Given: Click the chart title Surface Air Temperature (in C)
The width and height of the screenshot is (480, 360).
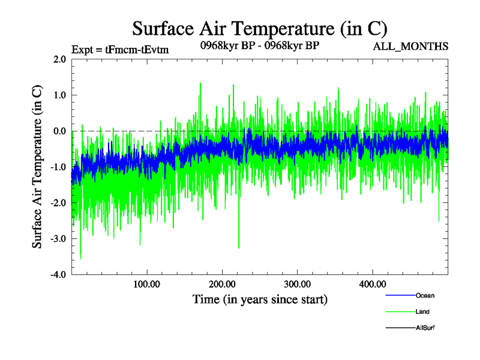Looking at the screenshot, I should click(259, 28).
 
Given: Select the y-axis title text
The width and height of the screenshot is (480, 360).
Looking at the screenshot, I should click(37, 167).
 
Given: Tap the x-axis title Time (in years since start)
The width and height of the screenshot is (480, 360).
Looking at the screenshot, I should click(260, 299).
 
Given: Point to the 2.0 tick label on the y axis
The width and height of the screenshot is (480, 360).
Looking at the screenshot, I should click(59, 59).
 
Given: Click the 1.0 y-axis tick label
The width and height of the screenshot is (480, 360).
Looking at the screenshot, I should click(59, 95).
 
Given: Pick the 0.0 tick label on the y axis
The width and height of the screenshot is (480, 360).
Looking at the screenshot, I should click(59, 131).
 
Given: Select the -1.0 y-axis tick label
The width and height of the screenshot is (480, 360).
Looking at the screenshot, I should click(58, 167).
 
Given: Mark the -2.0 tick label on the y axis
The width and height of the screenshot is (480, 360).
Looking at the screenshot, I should click(58, 203).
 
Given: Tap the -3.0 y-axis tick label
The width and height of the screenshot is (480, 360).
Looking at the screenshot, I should click(58, 239).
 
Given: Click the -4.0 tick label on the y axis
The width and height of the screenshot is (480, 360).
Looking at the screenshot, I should click(58, 275).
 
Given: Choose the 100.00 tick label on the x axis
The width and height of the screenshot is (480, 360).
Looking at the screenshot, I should click(146, 284).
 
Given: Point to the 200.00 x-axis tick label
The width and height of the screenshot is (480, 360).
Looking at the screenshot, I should click(222, 284).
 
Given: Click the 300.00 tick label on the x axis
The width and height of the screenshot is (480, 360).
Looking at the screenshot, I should click(297, 284).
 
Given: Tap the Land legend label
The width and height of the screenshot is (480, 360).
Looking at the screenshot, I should click(422, 312).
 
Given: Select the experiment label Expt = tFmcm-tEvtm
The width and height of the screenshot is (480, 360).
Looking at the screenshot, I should click(120, 50).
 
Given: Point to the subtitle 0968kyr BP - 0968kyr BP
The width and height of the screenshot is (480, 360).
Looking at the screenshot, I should click(259, 45).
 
